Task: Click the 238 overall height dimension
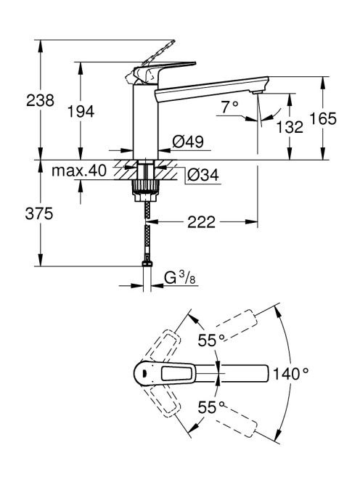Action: click(40, 100)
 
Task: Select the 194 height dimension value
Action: click(81, 111)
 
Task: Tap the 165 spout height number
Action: click(323, 118)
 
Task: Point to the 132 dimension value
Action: click(290, 126)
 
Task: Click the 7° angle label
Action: click(229, 107)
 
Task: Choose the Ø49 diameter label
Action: click(188, 142)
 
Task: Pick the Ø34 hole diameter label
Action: click(203, 175)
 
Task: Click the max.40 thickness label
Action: click(79, 171)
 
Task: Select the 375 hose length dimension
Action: click(39, 213)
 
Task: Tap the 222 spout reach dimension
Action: click(201, 222)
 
